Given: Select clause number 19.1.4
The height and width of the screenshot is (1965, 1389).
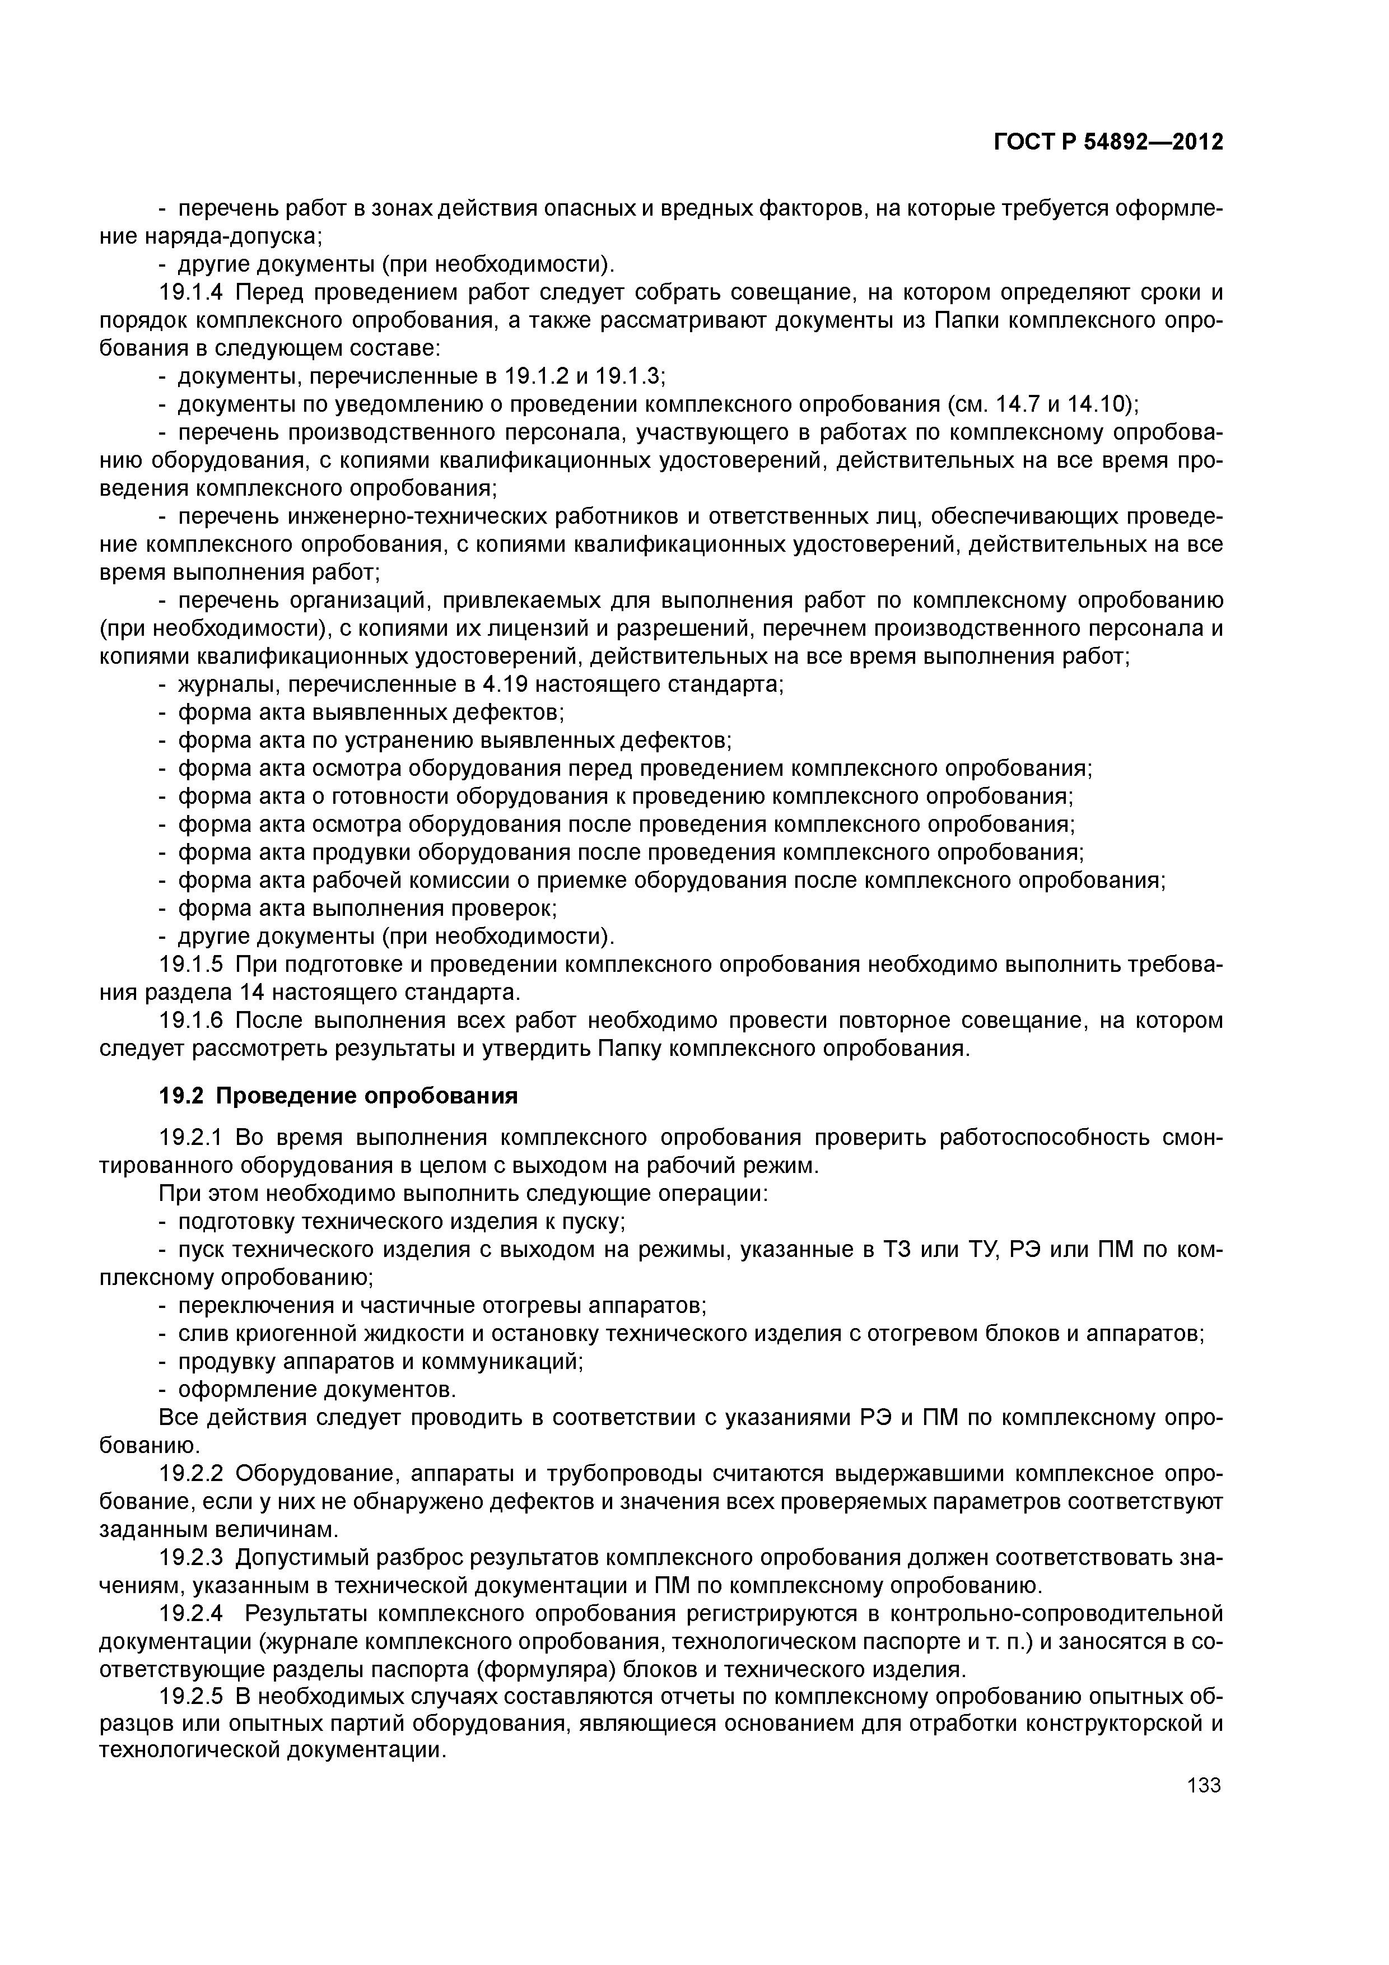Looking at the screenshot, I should coord(191,293).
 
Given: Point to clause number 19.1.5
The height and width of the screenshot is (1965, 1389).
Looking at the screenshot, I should coord(191,965).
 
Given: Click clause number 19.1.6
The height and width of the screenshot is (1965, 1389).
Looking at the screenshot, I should coord(191,1021).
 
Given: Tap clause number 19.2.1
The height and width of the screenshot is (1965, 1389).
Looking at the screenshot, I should coord(191,1138).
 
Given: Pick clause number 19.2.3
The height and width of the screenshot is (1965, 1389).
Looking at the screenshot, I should coord(191,1558).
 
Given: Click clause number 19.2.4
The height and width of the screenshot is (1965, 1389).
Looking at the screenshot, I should coord(191,1614).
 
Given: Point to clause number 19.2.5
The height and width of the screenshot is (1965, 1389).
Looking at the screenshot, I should coord(191,1698).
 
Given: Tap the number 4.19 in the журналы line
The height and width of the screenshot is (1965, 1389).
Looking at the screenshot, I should coord(499,685).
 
